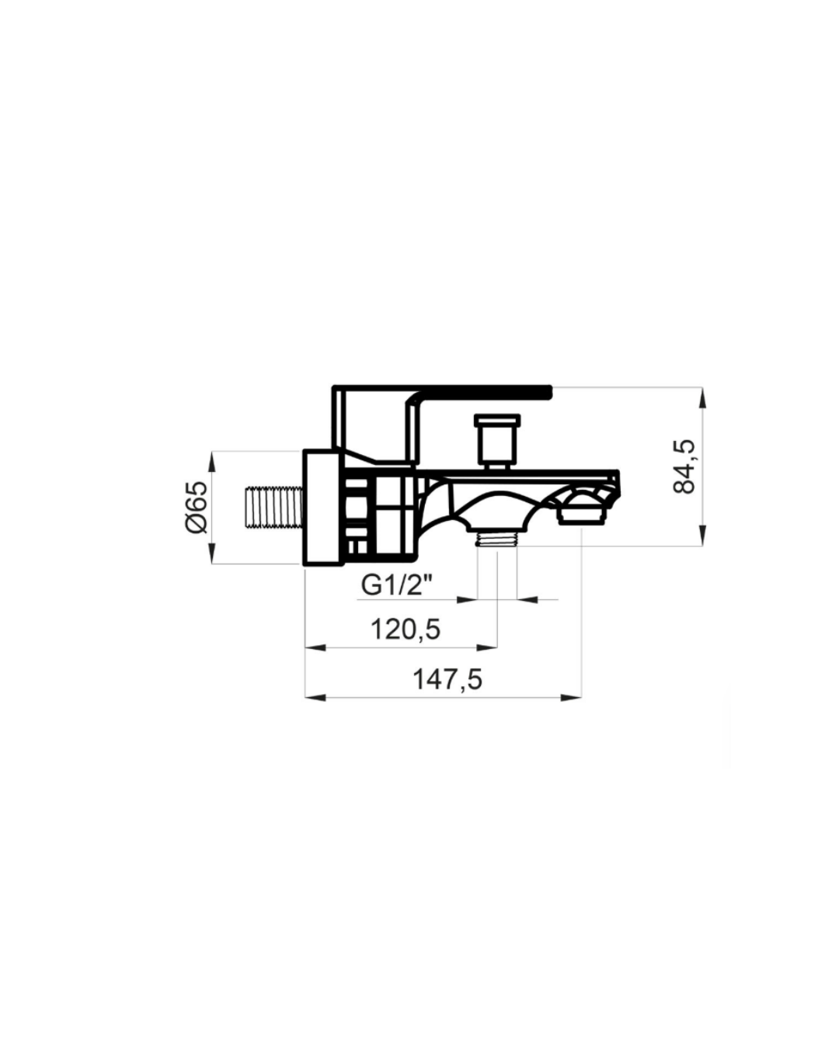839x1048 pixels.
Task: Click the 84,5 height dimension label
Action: pyautogui.click(x=684, y=467)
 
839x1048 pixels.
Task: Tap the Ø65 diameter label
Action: pyautogui.click(x=197, y=508)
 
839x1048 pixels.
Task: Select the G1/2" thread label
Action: pyautogui.click(x=397, y=585)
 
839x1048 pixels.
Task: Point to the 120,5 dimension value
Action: pyautogui.click(x=406, y=630)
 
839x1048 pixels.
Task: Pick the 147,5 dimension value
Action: pyautogui.click(x=447, y=679)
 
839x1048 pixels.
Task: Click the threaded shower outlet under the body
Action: pyautogui.click(x=496, y=539)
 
